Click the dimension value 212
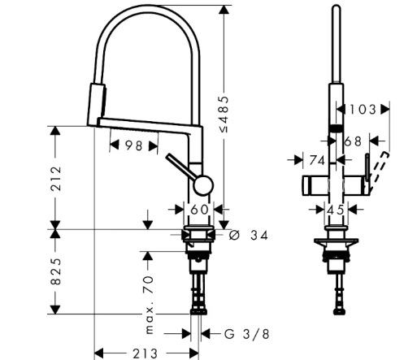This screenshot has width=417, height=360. [56, 179]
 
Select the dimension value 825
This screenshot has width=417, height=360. [56, 271]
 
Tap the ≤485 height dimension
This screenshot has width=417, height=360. [224, 114]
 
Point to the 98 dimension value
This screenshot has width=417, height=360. [133, 146]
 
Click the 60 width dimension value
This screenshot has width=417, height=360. [199, 210]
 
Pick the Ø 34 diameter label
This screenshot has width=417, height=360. [248, 235]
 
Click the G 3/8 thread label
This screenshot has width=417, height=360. [247, 334]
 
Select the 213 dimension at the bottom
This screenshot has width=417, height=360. [145, 353]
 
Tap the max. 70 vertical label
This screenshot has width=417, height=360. [150, 305]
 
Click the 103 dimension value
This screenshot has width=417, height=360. [363, 110]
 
